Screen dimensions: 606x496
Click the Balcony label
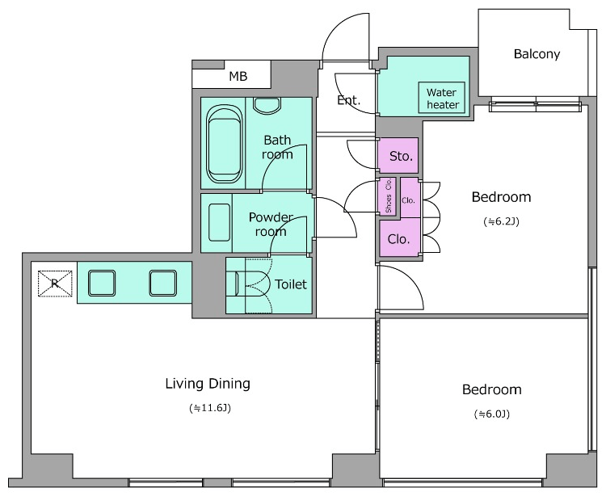tap(537, 54)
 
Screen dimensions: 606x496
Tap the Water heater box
tap(442, 98)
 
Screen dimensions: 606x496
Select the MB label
tap(238, 77)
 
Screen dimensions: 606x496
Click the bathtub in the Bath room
tap(224, 144)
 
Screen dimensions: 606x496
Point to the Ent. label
tap(348, 100)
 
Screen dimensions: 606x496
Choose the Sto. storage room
tap(398, 155)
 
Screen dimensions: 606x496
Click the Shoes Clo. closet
tap(388, 196)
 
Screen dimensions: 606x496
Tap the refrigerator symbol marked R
tap(55, 284)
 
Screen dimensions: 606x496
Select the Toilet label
tap(291, 284)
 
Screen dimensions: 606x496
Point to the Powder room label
tap(271, 225)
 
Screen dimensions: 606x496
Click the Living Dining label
tap(208, 384)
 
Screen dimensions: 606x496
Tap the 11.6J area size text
tap(210, 408)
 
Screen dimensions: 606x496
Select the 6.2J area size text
tap(501, 221)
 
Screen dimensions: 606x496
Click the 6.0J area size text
tap(492, 414)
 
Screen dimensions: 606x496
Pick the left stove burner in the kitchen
tap(102, 284)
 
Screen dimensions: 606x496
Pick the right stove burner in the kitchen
tap(163, 284)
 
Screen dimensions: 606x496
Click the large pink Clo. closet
tap(399, 237)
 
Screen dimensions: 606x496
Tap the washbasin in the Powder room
tap(219, 222)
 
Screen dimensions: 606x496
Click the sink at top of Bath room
tap(268, 104)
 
